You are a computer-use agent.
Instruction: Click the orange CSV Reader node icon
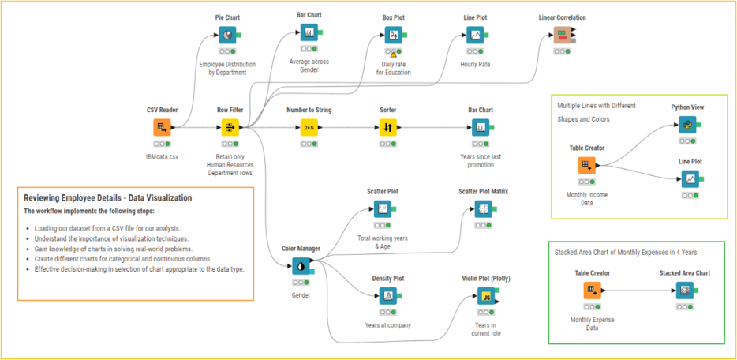(x=162, y=127)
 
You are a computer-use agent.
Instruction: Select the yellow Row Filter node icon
(x=230, y=127)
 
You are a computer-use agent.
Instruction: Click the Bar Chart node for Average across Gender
(x=309, y=33)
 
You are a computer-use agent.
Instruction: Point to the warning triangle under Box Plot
(x=393, y=54)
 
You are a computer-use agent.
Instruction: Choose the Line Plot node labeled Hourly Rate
(x=475, y=35)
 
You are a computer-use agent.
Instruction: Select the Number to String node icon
(x=309, y=127)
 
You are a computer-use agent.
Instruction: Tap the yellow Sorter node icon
(x=387, y=127)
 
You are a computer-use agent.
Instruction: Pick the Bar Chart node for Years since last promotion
(x=480, y=127)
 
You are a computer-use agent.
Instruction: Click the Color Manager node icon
(x=301, y=266)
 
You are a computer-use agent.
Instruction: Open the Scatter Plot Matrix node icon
(x=483, y=208)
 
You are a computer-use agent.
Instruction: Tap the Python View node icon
(x=687, y=125)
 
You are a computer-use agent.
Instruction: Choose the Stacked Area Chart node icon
(x=684, y=290)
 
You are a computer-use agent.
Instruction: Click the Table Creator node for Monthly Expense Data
(x=585, y=290)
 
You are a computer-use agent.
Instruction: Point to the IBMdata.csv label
(x=162, y=157)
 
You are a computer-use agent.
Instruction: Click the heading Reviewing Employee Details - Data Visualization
(x=108, y=197)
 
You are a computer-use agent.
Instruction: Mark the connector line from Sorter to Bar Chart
(x=434, y=127)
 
